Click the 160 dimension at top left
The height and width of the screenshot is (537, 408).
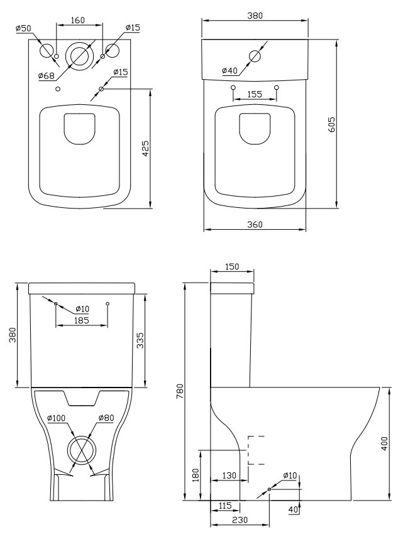coord(78,20)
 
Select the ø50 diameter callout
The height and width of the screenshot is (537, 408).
coord(23,28)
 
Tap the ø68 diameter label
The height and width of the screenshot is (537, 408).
coord(47,76)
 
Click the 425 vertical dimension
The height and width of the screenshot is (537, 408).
coord(145,148)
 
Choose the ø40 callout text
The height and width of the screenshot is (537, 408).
coord(229,70)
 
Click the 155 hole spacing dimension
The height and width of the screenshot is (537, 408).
coord(255,94)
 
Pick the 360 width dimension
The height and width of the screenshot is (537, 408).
coord(254,224)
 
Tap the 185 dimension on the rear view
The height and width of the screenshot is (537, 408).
coord(81,320)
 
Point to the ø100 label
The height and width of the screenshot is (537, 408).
coord(57,418)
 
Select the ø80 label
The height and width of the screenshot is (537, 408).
coord(106,418)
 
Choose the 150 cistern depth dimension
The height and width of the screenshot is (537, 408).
coord(232,267)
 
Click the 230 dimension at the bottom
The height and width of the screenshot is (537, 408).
coord(240,521)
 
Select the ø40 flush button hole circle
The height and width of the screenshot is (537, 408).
coord(255,55)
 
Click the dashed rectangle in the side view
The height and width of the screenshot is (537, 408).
coord(256,449)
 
